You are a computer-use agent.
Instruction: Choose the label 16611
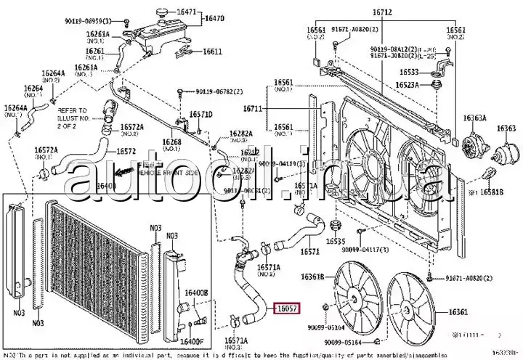click(212, 52)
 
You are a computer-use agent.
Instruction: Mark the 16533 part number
click(408, 72)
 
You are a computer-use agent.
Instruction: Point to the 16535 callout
click(336, 240)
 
